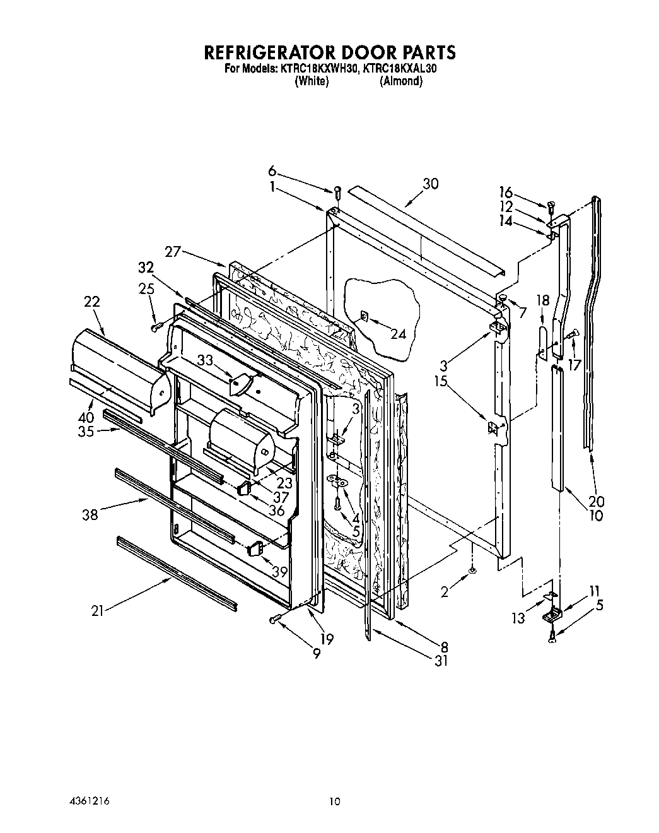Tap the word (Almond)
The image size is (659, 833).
coord(400,81)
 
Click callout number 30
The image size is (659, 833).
coord(431,184)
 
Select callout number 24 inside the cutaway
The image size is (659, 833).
coord(399,334)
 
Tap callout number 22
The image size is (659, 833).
coord(91,303)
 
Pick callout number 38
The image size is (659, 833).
coord(90,514)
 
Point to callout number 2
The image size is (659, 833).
coord(445,592)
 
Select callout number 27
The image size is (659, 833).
coord(173,252)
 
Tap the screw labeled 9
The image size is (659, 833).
coord(274,620)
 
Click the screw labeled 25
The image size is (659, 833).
coord(157,326)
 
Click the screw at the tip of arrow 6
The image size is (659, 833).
coord(337,190)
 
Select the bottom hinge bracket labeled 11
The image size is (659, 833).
coord(554,612)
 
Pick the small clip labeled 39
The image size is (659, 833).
coord(255,548)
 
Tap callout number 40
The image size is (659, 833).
coord(86,417)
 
